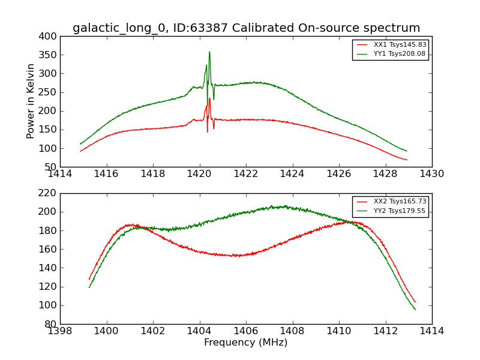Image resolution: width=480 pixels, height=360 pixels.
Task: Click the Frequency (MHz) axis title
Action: click(x=245, y=343)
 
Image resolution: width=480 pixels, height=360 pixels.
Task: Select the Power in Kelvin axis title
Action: click(x=31, y=101)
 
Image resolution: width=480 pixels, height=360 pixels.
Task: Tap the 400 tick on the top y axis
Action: click(x=49, y=37)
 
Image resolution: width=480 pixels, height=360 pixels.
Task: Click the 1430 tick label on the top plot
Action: click(x=431, y=174)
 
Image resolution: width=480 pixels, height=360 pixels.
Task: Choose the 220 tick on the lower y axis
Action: click(x=49, y=193)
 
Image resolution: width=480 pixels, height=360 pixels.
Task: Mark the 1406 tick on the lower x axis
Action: click(x=246, y=331)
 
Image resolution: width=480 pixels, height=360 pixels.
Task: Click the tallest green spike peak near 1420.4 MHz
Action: click(x=209, y=52)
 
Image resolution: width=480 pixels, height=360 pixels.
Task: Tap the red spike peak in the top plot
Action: click(x=209, y=98)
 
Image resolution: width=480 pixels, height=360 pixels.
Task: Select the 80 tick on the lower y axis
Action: click(x=52, y=324)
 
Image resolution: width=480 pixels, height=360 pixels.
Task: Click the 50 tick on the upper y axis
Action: click(x=52, y=167)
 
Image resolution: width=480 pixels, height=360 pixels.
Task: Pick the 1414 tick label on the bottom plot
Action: click(x=431, y=331)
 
